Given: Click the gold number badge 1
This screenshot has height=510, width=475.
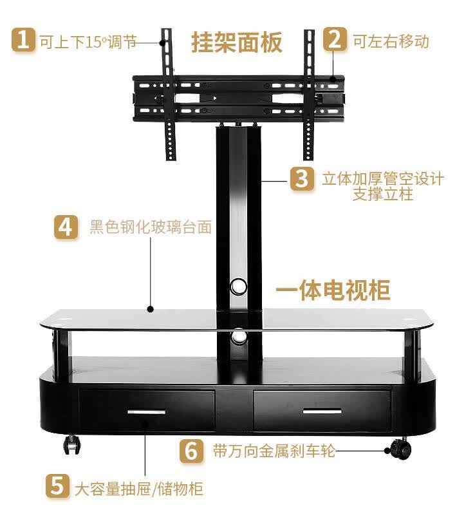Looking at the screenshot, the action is pyautogui.click(x=23, y=40).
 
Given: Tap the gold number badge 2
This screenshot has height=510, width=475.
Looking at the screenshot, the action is pyautogui.click(x=335, y=39).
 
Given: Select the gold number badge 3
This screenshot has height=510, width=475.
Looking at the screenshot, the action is pyautogui.click(x=302, y=178).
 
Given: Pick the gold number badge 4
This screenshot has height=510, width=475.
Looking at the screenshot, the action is pyautogui.click(x=66, y=227).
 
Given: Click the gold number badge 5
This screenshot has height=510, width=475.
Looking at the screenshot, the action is pyautogui.click(x=57, y=486).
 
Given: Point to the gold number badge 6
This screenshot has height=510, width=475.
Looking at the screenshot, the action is pyautogui.click(x=192, y=451).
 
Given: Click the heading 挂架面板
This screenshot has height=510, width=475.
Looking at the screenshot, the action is pyautogui.click(x=237, y=42).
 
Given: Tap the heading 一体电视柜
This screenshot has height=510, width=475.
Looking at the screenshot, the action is pyautogui.click(x=333, y=290).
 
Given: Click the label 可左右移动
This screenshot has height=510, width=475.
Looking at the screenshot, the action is pyautogui.click(x=391, y=41).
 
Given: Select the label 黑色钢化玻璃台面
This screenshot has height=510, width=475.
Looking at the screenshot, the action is pyautogui.click(x=151, y=227).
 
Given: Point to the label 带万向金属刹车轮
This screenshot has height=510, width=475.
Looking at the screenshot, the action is pyautogui.click(x=274, y=451).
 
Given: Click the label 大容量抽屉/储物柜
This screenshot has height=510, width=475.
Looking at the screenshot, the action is pyautogui.click(x=139, y=489).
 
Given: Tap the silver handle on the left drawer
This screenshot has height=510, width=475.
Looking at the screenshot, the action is pyautogui.click(x=146, y=412).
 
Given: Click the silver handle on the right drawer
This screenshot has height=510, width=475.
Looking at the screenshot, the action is pyautogui.click(x=322, y=411).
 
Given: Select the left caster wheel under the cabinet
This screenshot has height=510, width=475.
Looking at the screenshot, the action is pyautogui.click(x=72, y=444).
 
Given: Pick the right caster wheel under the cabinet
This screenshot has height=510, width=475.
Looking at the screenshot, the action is pyautogui.click(x=401, y=448).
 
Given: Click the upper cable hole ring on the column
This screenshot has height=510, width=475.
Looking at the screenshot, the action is pyautogui.click(x=238, y=286).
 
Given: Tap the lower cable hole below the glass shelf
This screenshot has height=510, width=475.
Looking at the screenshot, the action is pyautogui.click(x=239, y=337).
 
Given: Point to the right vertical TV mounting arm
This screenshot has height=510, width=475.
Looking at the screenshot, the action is pyautogui.click(x=309, y=95).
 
